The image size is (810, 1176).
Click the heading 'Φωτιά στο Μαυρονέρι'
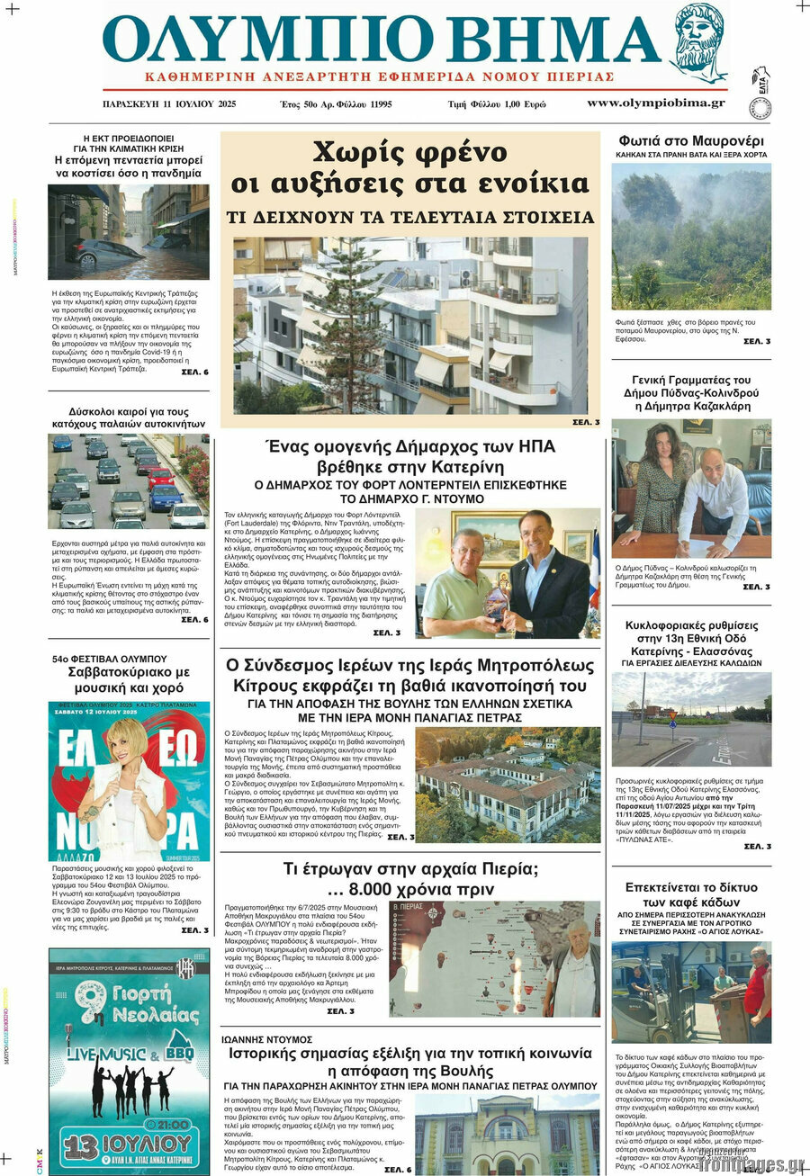pyautogui.click(x=691, y=141)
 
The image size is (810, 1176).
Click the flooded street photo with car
pyautogui.click(x=128, y=232)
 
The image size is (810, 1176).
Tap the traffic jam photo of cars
pyautogui.click(x=128, y=480)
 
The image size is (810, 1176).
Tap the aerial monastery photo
pyautogui.click(x=508, y=784)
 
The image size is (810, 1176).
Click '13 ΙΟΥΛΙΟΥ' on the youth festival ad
pyautogui.click(x=129, y=1144)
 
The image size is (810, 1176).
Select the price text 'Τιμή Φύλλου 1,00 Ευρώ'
pyautogui.click(x=497, y=104)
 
